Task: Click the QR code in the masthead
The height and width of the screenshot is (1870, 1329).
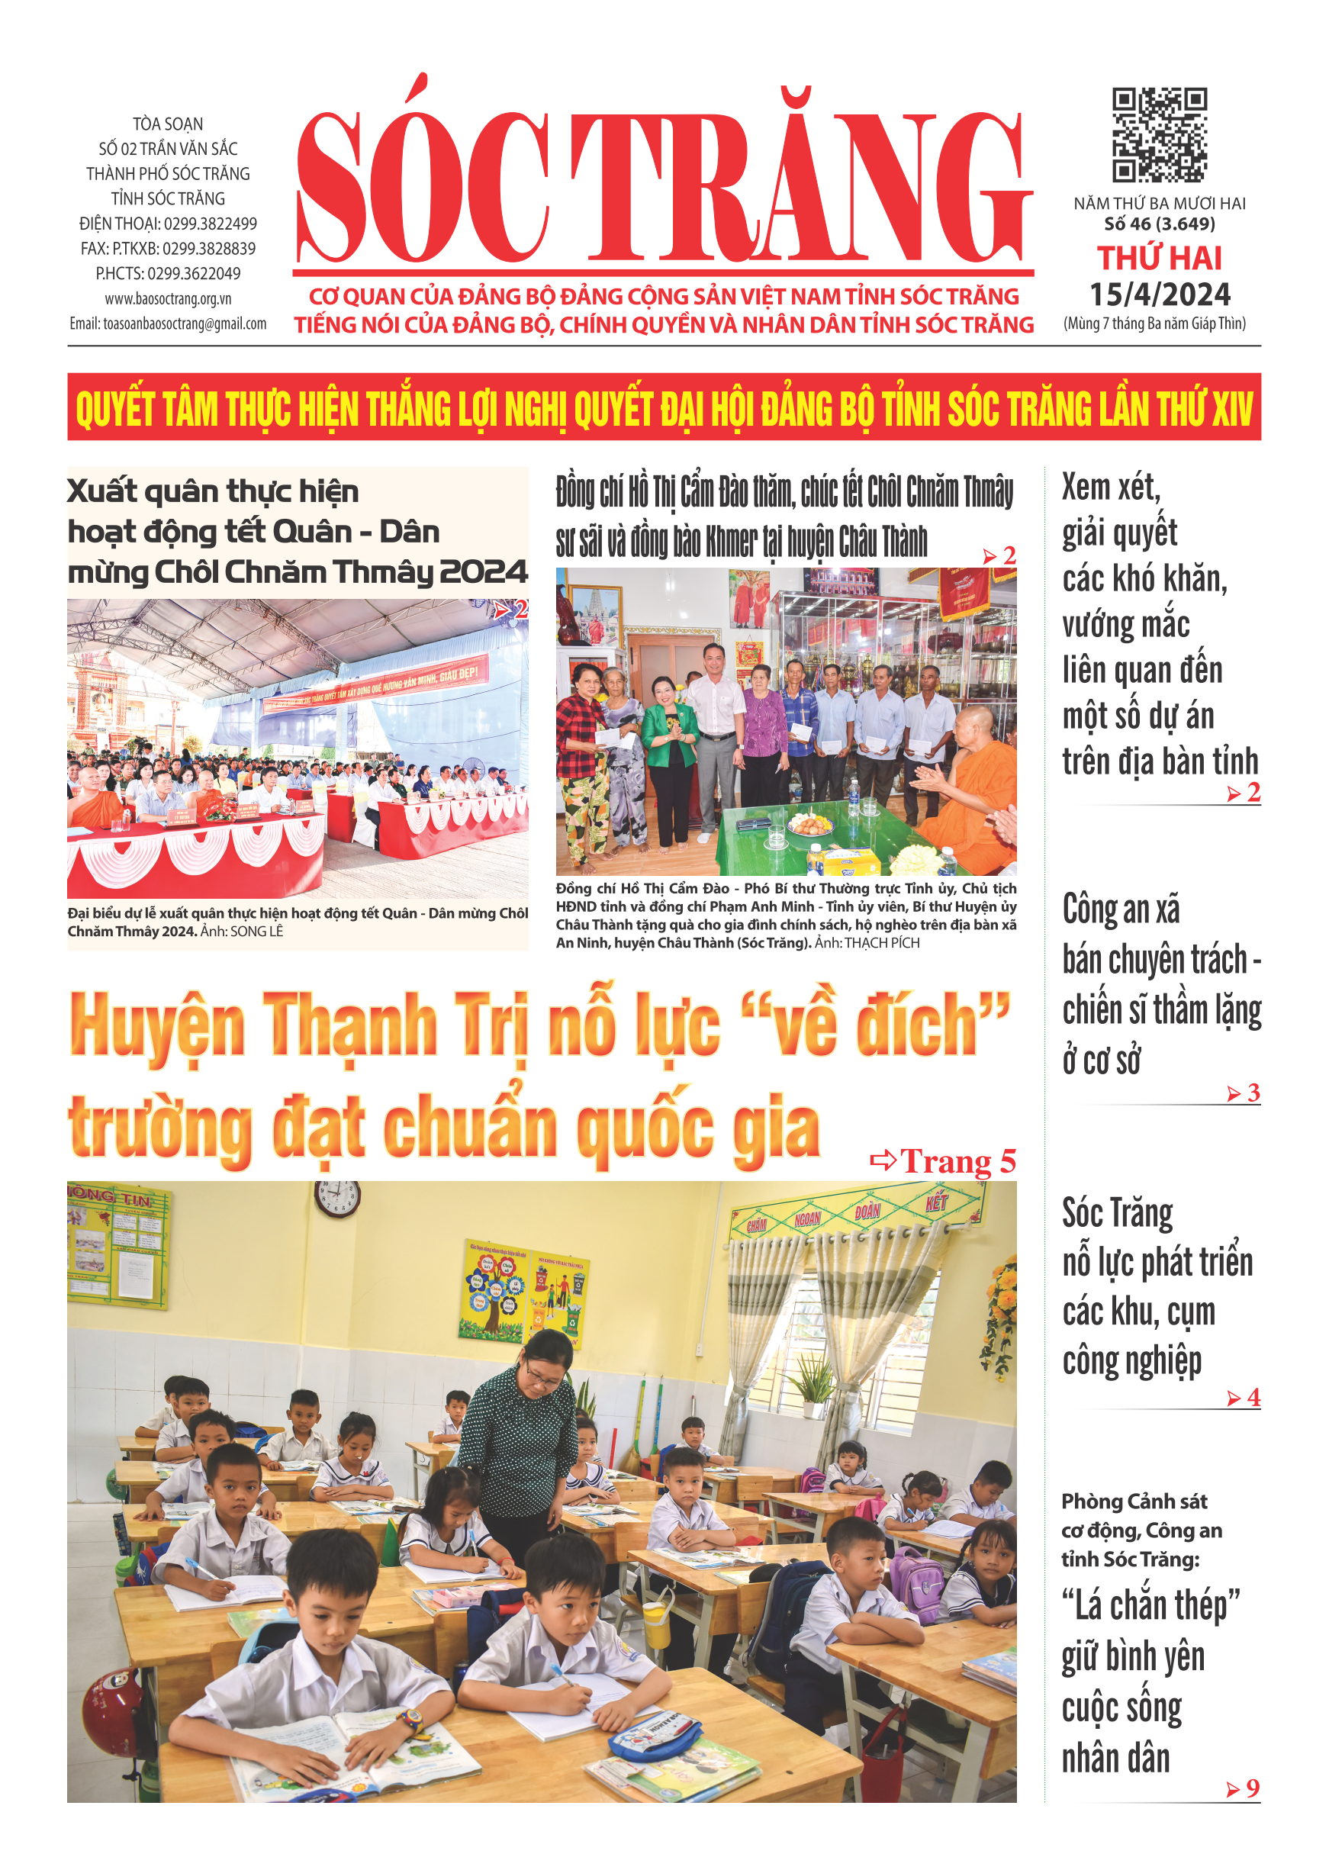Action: click(x=1159, y=134)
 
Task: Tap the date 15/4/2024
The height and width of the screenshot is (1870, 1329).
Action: click(x=1160, y=295)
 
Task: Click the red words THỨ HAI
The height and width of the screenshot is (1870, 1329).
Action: click(x=1160, y=259)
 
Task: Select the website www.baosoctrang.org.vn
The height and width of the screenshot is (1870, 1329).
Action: click(x=168, y=299)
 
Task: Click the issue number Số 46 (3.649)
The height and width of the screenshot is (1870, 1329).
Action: click(x=1159, y=224)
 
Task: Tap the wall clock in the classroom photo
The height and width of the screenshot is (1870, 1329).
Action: click(x=336, y=1198)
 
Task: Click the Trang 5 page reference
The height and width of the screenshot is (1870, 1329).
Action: click(x=957, y=1161)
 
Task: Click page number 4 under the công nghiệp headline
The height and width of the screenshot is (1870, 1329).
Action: click(x=1253, y=1398)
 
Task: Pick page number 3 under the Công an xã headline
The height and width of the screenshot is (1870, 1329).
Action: click(x=1253, y=1093)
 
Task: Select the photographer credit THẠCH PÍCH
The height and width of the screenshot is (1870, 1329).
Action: click(x=881, y=943)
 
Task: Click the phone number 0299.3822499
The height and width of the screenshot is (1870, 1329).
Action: click(x=211, y=224)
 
